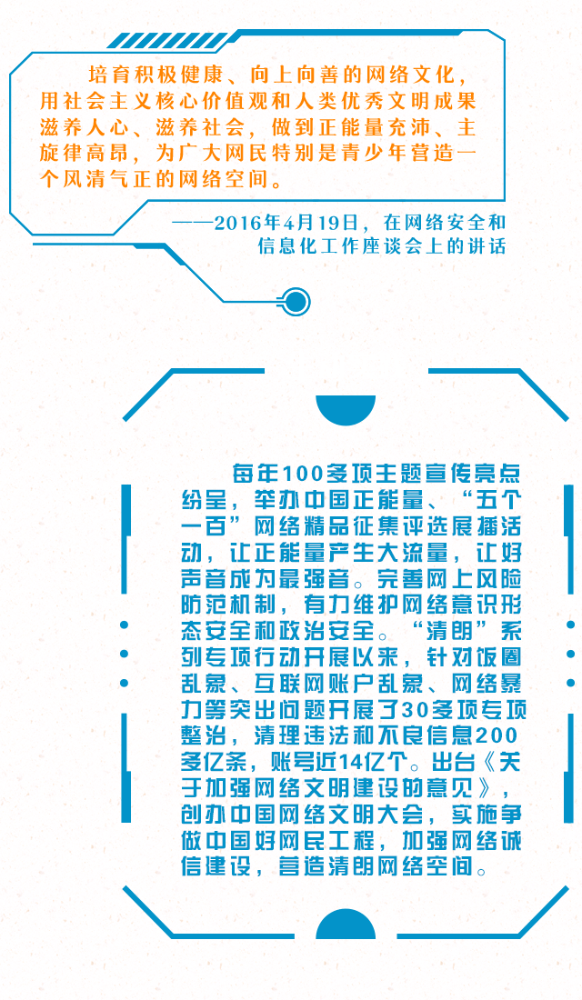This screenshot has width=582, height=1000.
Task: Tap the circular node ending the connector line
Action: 296,301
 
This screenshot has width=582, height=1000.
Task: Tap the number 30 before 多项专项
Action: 421,710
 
